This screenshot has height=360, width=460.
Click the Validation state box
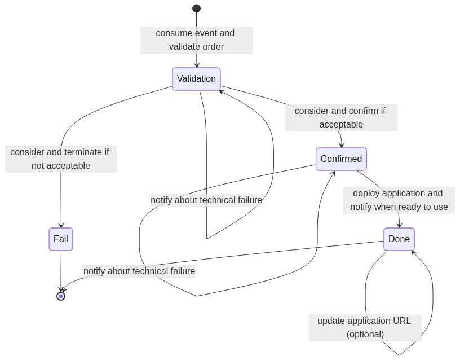pos(196,79)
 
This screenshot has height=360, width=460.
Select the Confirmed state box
pos(341,159)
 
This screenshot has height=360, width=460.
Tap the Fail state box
pos(61,239)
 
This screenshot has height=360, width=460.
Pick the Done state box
pos(399,239)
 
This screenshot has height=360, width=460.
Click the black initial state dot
pos(197,8)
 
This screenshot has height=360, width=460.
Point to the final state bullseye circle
pos(61,296)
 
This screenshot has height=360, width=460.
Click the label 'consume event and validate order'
pos(196,40)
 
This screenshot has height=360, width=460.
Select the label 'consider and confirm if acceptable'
pos(341,118)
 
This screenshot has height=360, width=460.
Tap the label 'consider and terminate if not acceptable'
pos(61,159)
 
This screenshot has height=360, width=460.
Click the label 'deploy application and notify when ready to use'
pos(399,200)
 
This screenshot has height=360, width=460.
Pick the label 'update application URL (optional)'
pos(365,328)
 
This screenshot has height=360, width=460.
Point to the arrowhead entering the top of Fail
pos(61,225)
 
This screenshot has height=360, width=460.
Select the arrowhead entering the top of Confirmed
pos(342,145)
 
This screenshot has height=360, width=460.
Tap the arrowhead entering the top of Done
pos(399,225)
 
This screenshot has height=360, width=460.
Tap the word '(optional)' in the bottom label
pos(365,335)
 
